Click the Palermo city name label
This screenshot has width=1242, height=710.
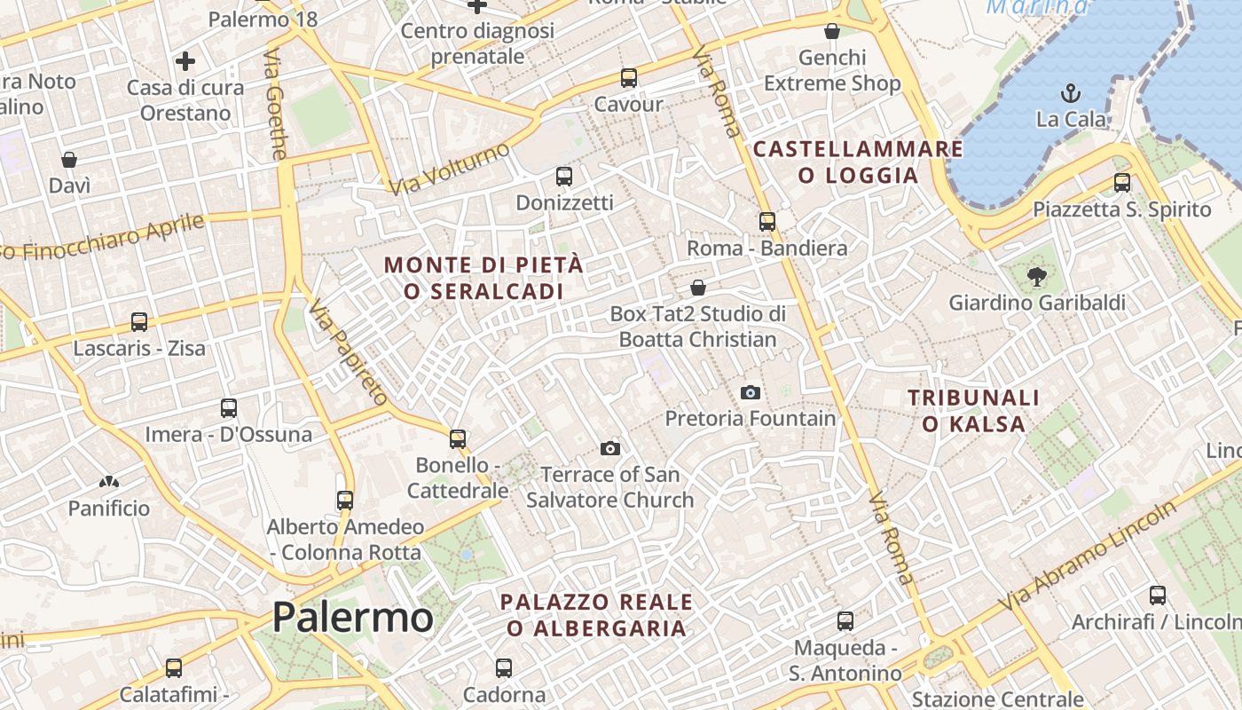click(x=352, y=617)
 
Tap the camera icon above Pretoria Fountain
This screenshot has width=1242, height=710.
click(x=751, y=392)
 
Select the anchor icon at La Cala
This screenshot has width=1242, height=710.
click(x=1071, y=92)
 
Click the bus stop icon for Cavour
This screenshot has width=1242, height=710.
click(x=629, y=77)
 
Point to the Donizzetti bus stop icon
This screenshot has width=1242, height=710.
click(x=564, y=176)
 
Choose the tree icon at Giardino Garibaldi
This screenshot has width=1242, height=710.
click(x=1036, y=277)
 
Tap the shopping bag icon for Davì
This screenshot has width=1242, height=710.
click(x=69, y=160)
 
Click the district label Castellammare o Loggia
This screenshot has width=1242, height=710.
click(x=858, y=162)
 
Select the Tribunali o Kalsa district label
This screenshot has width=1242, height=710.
click(x=973, y=410)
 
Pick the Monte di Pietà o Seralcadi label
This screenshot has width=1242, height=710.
click(x=484, y=277)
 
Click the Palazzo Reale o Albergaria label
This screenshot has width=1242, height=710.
click(x=596, y=614)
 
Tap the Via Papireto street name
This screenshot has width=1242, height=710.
click(x=348, y=351)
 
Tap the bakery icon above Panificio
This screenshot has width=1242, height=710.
click(x=109, y=482)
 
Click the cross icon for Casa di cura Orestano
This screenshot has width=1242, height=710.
click(x=185, y=61)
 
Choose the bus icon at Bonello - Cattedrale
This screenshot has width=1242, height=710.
click(x=458, y=438)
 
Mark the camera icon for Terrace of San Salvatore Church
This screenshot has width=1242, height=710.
click(x=610, y=448)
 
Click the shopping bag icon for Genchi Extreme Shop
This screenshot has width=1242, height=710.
click(x=832, y=32)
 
